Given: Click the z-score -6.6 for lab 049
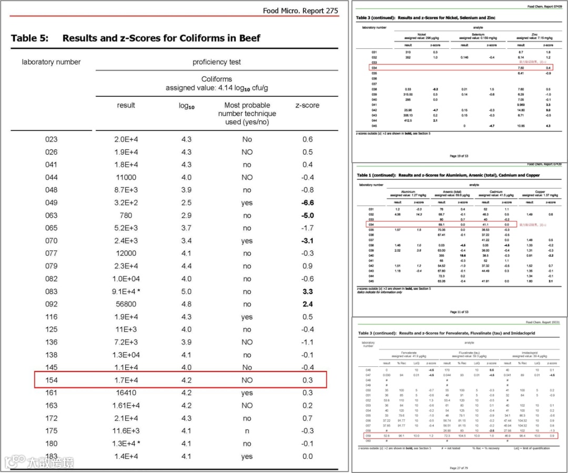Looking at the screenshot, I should click(x=308, y=203).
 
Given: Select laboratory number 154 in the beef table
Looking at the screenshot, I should click(x=51, y=380).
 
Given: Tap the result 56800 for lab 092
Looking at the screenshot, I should click(x=126, y=304).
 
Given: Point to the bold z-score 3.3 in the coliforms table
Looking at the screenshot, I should click(x=308, y=291).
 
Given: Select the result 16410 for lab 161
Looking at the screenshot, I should click(x=126, y=393).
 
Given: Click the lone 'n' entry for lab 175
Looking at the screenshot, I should click(x=247, y=431).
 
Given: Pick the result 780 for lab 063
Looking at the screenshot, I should click(x=126, y=215).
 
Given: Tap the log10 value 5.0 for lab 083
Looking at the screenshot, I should click(x=186, y=291).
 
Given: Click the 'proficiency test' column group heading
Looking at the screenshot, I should click(x=217, y=62).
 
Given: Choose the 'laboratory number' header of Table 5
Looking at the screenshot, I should click(x=51, y=62).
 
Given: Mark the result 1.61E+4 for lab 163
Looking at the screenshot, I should click(x=126, y=406).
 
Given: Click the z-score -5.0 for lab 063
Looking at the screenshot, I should click(x=308, y=215).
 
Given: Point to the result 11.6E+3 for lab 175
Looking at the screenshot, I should click(x=126, y=431).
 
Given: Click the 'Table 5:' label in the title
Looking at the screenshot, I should click(x=30, y=38).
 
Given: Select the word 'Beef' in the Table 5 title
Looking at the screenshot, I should click(x=249, y=38).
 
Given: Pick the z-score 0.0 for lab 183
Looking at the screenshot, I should click(x=308, y=456).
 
